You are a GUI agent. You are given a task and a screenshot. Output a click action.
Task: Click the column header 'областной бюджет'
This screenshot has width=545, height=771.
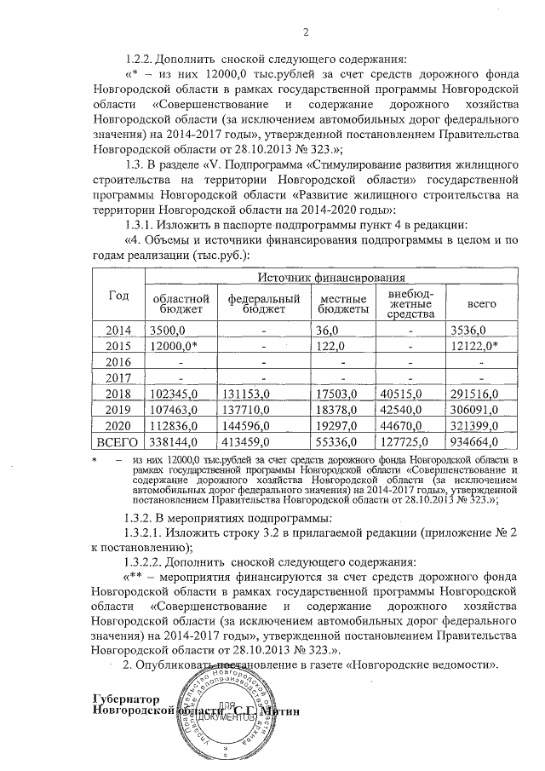(x=180, y=304)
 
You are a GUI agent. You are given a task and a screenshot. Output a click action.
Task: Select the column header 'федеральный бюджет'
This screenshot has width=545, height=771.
(x=263, y=304)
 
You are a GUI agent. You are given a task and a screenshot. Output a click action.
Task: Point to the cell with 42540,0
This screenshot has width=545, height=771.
(x=399, y=410)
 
